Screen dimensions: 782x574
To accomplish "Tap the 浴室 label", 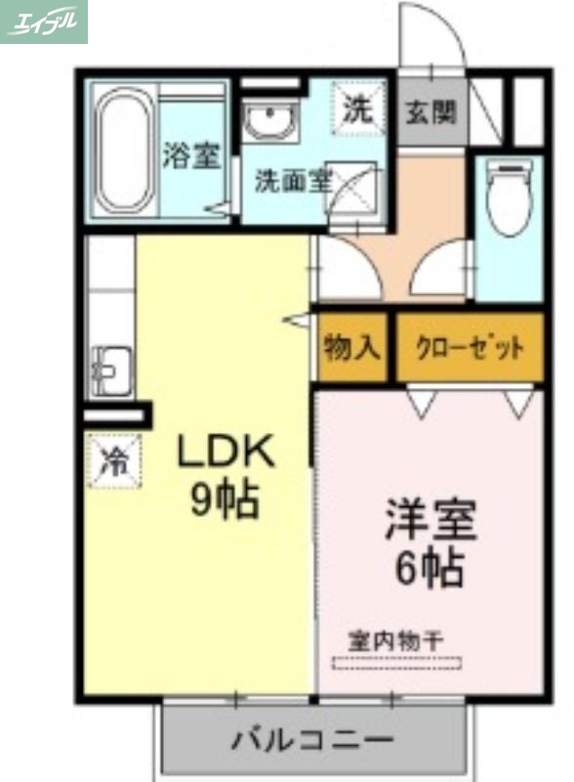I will pos(190,156).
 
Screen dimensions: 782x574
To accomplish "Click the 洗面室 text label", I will pos(293,181).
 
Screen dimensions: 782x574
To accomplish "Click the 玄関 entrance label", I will pos(430,111).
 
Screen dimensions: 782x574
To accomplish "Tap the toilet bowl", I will pos(509,199).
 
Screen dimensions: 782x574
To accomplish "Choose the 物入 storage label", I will pos(352,348).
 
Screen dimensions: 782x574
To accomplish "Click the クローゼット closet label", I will pos(470,348).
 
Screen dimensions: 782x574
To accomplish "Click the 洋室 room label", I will pos(430,520).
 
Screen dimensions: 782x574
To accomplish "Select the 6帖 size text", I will pos(429,568).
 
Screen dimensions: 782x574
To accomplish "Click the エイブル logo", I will pos(44,22).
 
